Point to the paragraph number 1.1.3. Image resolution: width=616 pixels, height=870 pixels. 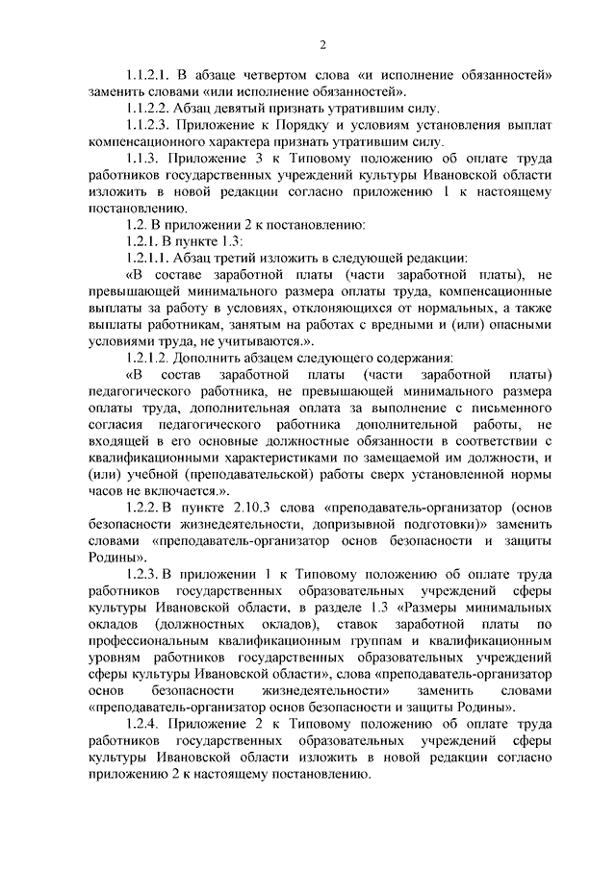(143, 157)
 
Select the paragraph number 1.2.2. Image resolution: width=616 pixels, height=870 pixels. (143, 507)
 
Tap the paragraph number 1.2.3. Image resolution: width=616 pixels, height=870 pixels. (143, 574)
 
